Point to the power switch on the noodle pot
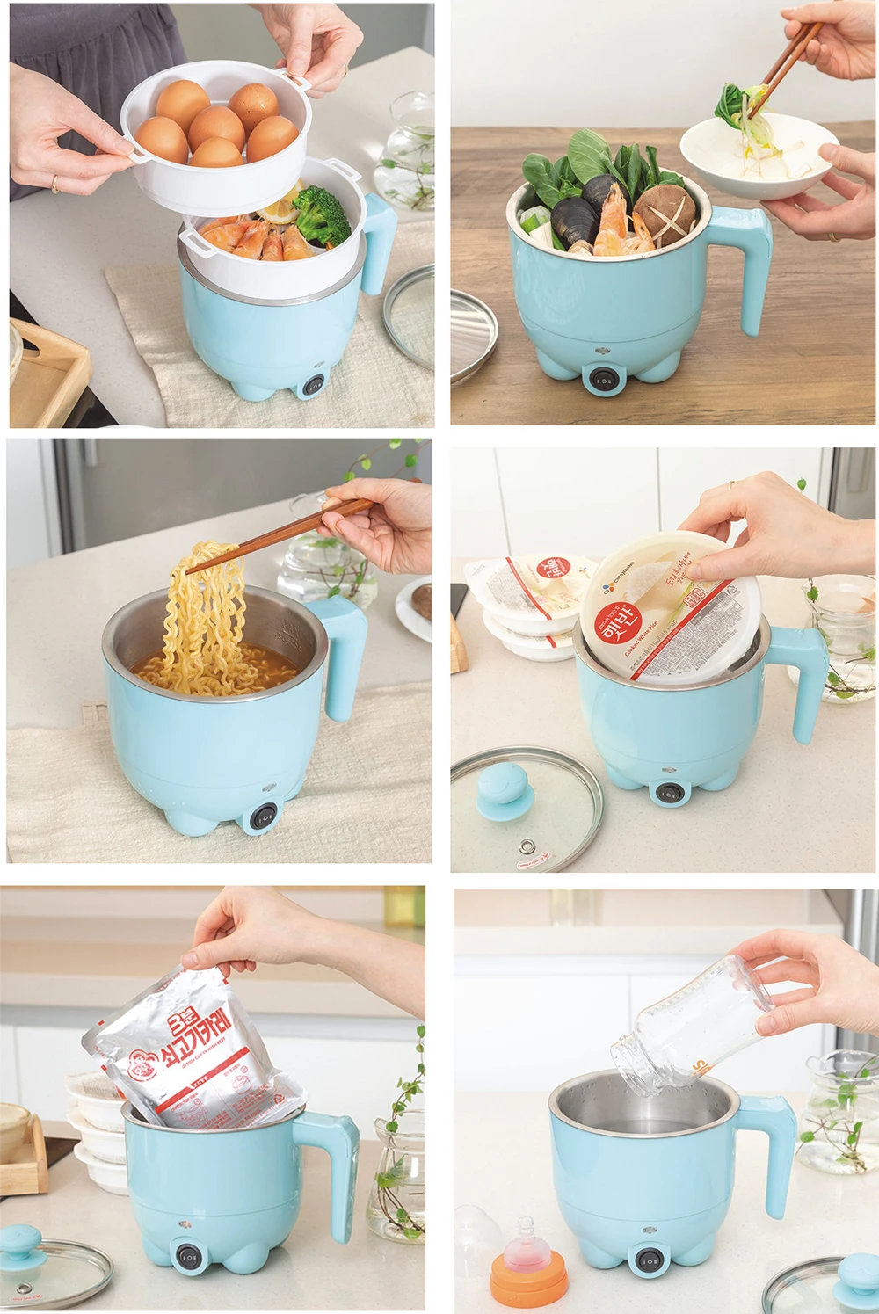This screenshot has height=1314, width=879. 262,817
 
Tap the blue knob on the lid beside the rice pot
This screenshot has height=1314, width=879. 503,788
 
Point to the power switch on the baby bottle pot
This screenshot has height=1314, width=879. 649,1260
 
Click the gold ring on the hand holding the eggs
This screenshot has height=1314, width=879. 54,184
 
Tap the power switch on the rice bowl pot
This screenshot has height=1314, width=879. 669,792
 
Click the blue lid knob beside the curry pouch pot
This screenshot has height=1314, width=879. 23,1242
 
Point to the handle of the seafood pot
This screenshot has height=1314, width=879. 747,264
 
